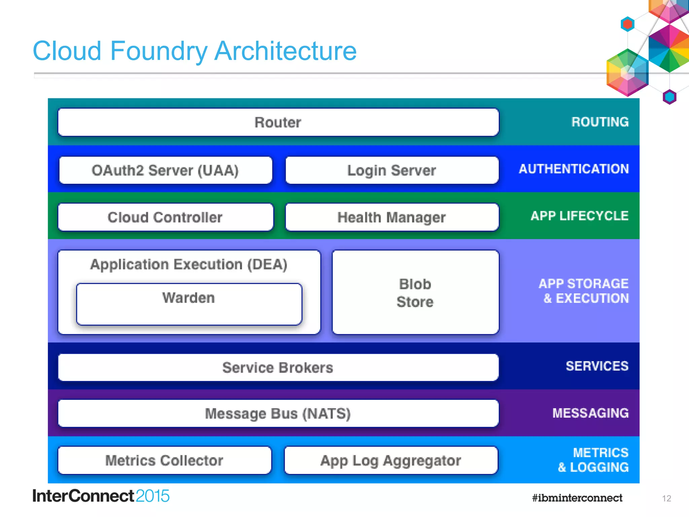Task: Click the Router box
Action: (278, 122)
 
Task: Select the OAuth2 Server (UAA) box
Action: (165, 170)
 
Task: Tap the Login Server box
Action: (392, 170)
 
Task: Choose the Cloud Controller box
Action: (165, 217)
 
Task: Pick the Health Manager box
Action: (392, 217)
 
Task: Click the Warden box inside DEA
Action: (189, 304)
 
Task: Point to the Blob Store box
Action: (415, 292)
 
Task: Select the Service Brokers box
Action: (278, 368)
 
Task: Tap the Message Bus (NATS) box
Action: (278, 414)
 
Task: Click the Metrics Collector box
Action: (164, 460)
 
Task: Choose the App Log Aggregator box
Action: (391, 460)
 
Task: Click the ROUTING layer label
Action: (600, 122)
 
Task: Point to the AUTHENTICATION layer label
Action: (574, 169)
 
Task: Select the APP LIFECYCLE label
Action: (579, 216)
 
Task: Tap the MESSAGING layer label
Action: (590, 413)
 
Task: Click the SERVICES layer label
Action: (597, 366)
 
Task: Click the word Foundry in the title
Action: (158, 51)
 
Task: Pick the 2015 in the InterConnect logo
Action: (152, 496)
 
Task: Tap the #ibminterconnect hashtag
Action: (577, 498)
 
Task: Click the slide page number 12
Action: (666, 498)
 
